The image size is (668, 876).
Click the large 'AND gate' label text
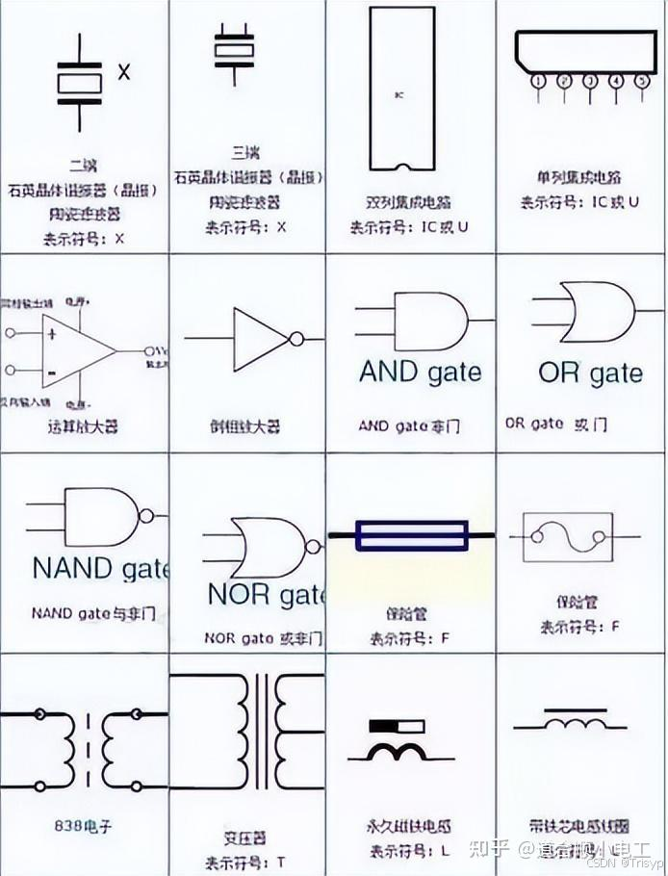(x=420, y=372)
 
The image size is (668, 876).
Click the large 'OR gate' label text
(x=590, y=373)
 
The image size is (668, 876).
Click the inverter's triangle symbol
(x=260, y=338)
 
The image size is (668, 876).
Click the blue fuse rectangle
(x=411, y=535)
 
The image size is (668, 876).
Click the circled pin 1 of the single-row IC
(x=538, y=81)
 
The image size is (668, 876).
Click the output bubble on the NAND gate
(x=146, y=515)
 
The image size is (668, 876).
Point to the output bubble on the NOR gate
(x=311, y=546)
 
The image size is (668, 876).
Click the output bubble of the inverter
(x=297, y=339)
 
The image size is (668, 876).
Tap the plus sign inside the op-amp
(x=51, y=333)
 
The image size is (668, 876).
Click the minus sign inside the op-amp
(x=51, y=371)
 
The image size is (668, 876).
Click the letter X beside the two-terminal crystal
(x=123, y=71)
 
